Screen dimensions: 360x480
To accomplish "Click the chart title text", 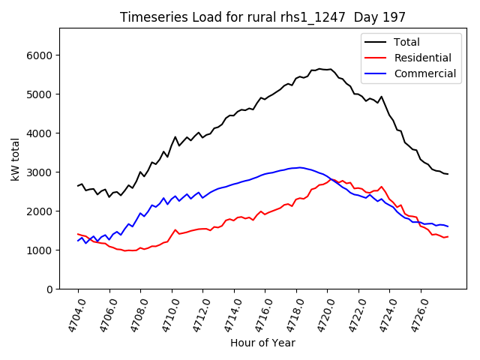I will point(262,17).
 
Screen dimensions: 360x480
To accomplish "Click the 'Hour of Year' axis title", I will point(262,343).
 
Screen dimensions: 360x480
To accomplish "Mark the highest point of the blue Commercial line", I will point(300,167).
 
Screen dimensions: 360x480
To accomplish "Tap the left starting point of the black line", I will point(78,186).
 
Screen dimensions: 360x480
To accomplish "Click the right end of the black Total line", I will point(448,174).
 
